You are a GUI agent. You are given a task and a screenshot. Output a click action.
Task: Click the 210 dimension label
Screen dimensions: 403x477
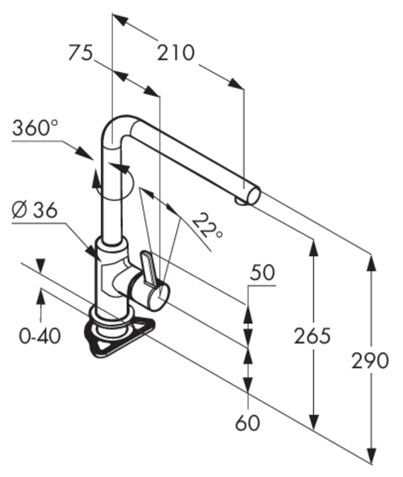(176, 53)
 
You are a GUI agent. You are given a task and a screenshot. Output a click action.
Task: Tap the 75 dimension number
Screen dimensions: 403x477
(80, 52)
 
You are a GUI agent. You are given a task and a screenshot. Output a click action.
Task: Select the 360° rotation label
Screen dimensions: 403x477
(35, 128)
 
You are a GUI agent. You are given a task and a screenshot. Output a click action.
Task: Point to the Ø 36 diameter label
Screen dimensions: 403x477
(34, 210)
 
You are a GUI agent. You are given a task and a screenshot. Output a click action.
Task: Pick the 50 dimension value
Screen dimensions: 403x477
(262, 272)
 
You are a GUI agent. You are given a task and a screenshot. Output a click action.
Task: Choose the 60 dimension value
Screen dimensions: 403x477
(247, 423)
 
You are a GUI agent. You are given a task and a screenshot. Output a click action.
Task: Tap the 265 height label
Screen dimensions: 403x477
(312, 336)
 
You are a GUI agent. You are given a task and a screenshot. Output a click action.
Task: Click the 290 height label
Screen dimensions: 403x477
(370, 361)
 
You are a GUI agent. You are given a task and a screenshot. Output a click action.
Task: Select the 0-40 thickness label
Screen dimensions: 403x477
(40, 336)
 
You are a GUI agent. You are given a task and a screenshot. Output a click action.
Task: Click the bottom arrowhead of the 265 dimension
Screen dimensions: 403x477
(314, 421)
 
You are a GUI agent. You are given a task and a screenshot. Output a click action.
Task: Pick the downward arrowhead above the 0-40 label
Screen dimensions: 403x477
(41, 265)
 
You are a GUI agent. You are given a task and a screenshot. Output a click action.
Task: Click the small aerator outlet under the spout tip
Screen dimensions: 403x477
(241, 201)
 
